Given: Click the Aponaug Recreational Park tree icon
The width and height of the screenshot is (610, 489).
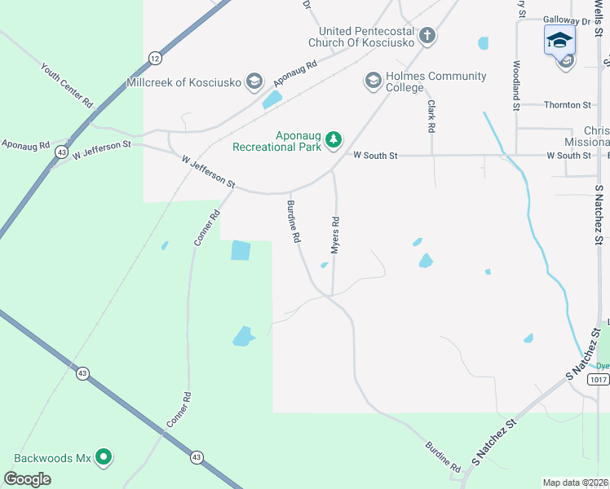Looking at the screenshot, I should [x=333, y=140].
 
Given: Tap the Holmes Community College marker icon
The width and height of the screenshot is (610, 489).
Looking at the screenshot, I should [x=373, y=80].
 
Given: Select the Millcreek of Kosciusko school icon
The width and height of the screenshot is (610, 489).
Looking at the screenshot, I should [x=254, y=81].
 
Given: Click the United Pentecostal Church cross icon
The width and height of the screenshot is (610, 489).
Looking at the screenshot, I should [x=427, y=36].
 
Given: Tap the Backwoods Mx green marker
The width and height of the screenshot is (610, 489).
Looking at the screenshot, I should [x=104, y=457].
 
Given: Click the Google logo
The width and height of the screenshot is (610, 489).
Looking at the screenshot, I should [x=27, y=478].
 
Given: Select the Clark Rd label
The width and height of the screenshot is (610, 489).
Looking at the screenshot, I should [x=431, y=117].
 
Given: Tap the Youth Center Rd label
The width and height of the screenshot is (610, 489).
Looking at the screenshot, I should [x=68, y=86].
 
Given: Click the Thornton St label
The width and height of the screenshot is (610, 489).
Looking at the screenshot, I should [x=568, y=105].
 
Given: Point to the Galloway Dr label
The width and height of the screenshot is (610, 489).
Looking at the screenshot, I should [x=568, y=21].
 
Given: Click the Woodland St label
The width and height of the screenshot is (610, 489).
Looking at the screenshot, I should [x=516, y=86].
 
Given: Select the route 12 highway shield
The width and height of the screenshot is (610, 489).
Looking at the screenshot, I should [x=155, y=58].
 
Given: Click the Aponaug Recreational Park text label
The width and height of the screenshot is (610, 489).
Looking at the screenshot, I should [x=277, y=141].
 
